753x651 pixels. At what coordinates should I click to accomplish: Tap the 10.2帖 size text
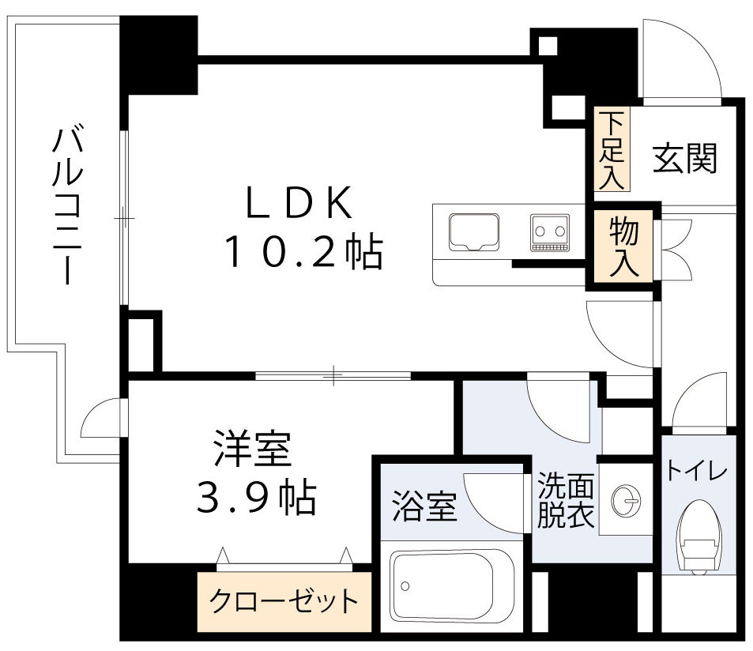coord(304,253)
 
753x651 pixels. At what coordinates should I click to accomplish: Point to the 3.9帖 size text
coord(254,498)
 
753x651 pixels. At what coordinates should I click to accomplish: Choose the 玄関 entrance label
coord(685,159)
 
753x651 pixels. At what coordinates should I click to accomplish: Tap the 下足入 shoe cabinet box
coord(612,150)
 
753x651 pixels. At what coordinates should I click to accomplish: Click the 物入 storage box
coord(624,246)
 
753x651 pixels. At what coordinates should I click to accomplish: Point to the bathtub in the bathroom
coord(452,585)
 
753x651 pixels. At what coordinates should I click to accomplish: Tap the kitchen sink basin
coord(473,231)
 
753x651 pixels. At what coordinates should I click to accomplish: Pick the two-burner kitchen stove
coord(550,231)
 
